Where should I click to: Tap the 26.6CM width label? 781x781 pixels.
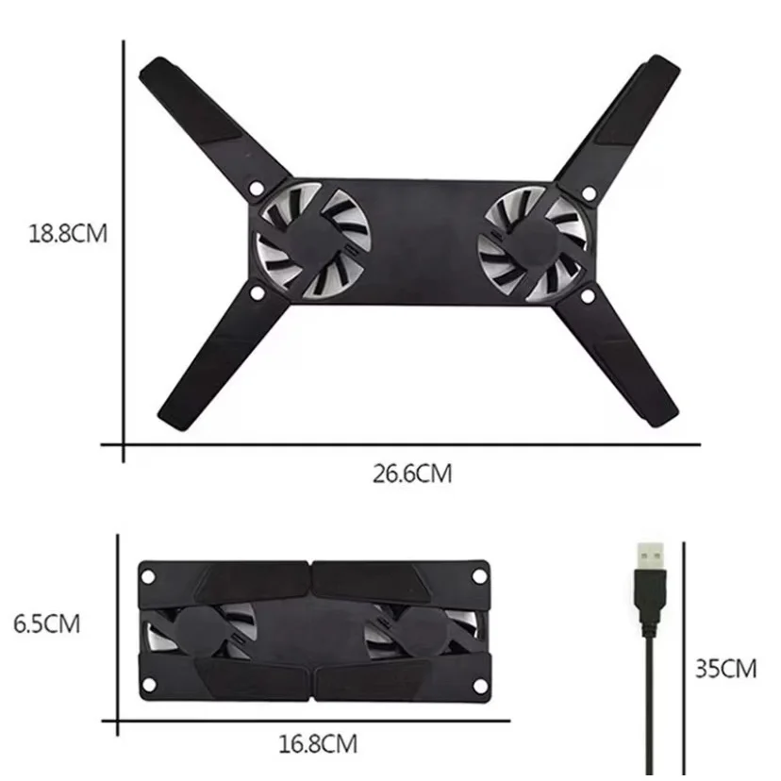(411, 474)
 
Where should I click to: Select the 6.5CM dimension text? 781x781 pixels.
(46, 623)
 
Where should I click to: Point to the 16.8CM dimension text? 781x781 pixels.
(319, 745)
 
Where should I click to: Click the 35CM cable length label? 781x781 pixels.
(726, 669)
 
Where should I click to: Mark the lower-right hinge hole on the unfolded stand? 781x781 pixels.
(588, 297)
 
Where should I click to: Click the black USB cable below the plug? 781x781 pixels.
(650, 698)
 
